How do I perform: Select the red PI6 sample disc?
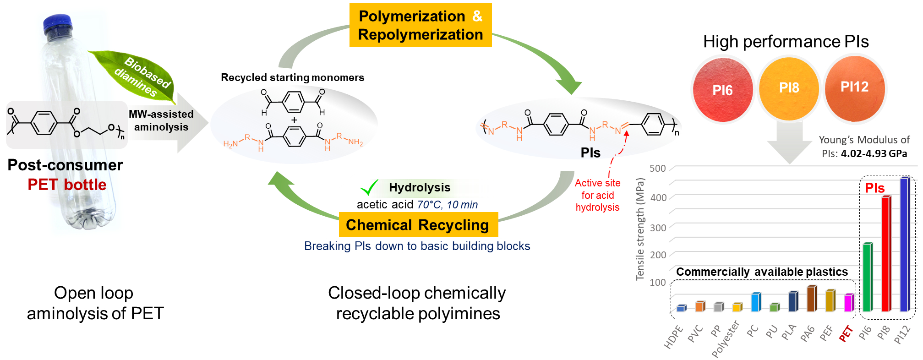click(x=722, y=90)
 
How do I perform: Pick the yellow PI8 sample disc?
click(x=789, y=87)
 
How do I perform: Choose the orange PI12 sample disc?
click(x=854, y=87)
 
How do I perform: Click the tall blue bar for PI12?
click(x=905, y=245)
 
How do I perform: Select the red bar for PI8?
click(x=886, y=254)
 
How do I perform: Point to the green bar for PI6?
click(x=867, y=277)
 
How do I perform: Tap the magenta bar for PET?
click(x=849, y=303)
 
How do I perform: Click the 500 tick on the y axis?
click(x=657, y=169)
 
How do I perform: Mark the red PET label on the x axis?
click(x=846, y=334)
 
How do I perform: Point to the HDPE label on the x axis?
click(x=673, y=338)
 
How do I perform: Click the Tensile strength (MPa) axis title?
click(x=640, y=229)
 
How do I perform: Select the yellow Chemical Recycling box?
click(x=418, y=225)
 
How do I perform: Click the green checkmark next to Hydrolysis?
click(x=369, y=187)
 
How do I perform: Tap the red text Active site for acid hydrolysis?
click(x=597, y=195)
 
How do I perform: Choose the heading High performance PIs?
click(x=786, y=42)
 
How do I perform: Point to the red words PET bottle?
click(x=67, y=185)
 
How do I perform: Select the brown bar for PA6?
click(x=811, y=299)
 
